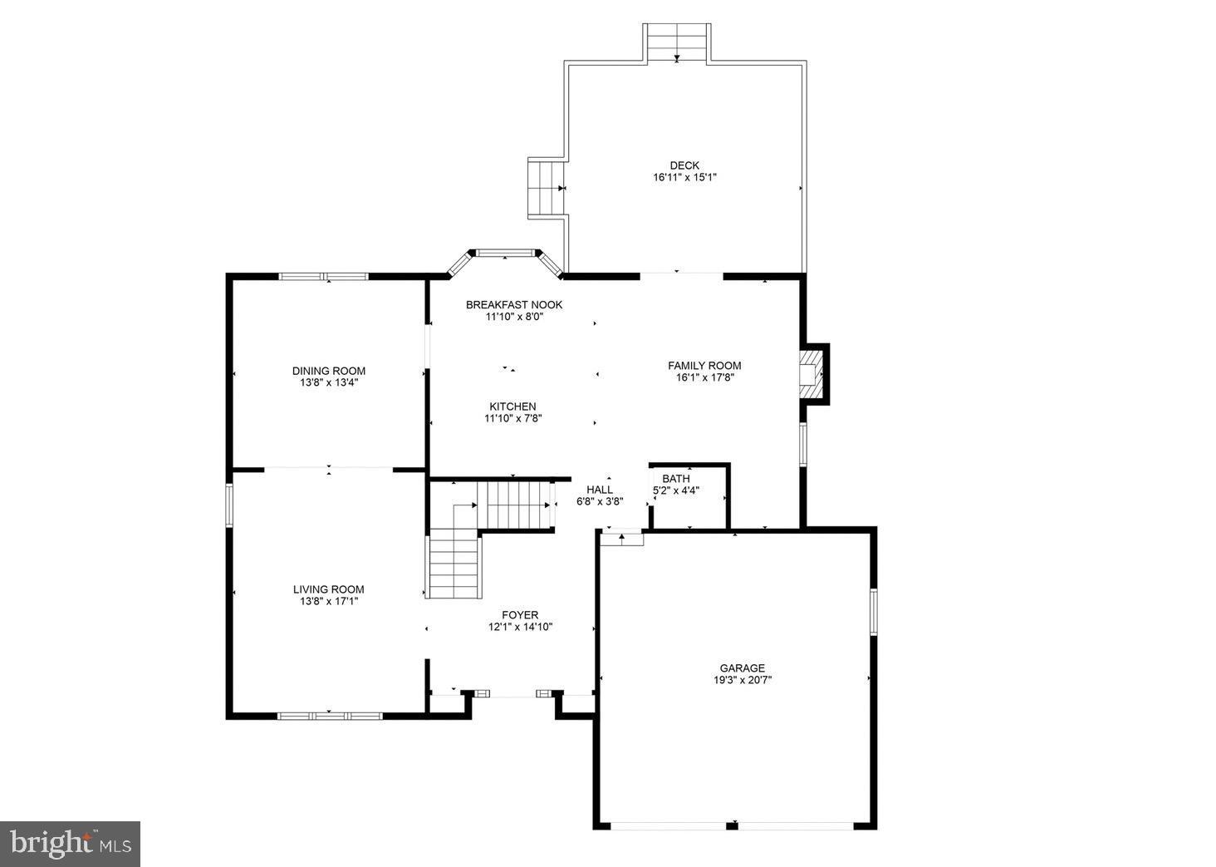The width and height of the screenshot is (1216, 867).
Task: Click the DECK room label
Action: pyautogui.click(x=684, y=165)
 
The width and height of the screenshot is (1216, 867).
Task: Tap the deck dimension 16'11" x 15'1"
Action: pyautogui.click(x=684, y=177)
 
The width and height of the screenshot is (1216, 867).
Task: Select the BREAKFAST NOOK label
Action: pyautogui.click(x=513, y=305)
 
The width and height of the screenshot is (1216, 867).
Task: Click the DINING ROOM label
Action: pyautogui.click(x=328, y=372)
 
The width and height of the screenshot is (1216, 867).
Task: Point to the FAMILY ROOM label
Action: pyautogui.click(x=704, y=366)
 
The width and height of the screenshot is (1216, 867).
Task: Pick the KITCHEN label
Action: pyautogui.click(x=512, y=406)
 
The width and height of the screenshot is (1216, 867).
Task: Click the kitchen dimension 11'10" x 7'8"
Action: pyautogui.click(x=512, y=419)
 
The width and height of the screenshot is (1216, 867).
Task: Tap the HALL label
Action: pyautogui.click(x=599, y=490)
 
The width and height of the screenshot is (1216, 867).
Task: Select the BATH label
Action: pyautogui.click(x=675, y=479)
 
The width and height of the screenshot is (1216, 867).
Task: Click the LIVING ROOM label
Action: pyautogui.click(x=328, y=589)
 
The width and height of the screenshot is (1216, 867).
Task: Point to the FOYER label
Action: pyautogui.click(x=520, y=615)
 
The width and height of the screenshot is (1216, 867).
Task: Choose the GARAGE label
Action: pyautogui.click(x=742, y=667)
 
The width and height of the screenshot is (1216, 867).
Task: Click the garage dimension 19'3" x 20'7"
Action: pyautogui.click(x=742, y=680)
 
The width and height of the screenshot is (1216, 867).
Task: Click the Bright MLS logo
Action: pyautogui.click(x=70, y=844)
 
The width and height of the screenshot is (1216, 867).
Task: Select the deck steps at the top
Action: pyautogui.click(x=677, y=42)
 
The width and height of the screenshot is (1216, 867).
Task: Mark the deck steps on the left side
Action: pyautogui.click(x=546, y=189)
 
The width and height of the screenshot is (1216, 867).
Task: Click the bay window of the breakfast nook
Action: pyautogui.click(x=504, y=253)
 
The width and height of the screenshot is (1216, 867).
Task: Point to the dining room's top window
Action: pyautogui.click(x=323, y=276)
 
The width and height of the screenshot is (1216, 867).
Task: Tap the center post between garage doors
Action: pyautogui.click(x=732, y=825)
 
